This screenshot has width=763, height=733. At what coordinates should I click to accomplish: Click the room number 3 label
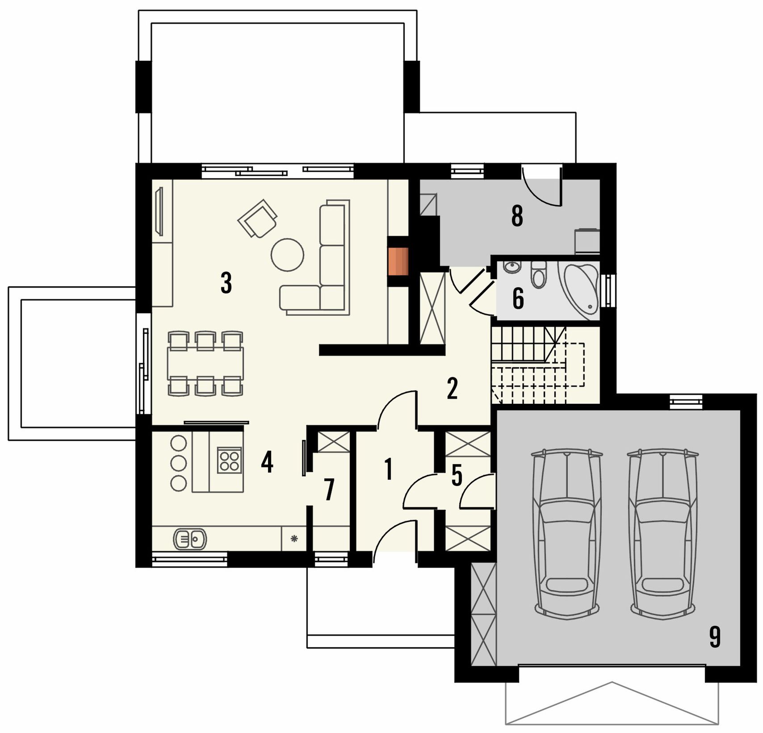(226, 283)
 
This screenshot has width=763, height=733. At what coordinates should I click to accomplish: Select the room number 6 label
(518, 299)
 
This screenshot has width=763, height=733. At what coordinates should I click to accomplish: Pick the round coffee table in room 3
(288, 255)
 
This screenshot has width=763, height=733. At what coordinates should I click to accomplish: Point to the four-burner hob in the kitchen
(229, 461)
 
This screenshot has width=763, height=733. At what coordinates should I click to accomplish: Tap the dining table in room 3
(205, 363)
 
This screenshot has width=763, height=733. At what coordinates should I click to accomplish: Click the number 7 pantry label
(329, 490)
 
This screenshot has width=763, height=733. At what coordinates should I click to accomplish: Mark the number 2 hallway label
(452, 389)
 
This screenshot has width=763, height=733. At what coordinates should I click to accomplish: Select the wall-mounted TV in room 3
(158, 212)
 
